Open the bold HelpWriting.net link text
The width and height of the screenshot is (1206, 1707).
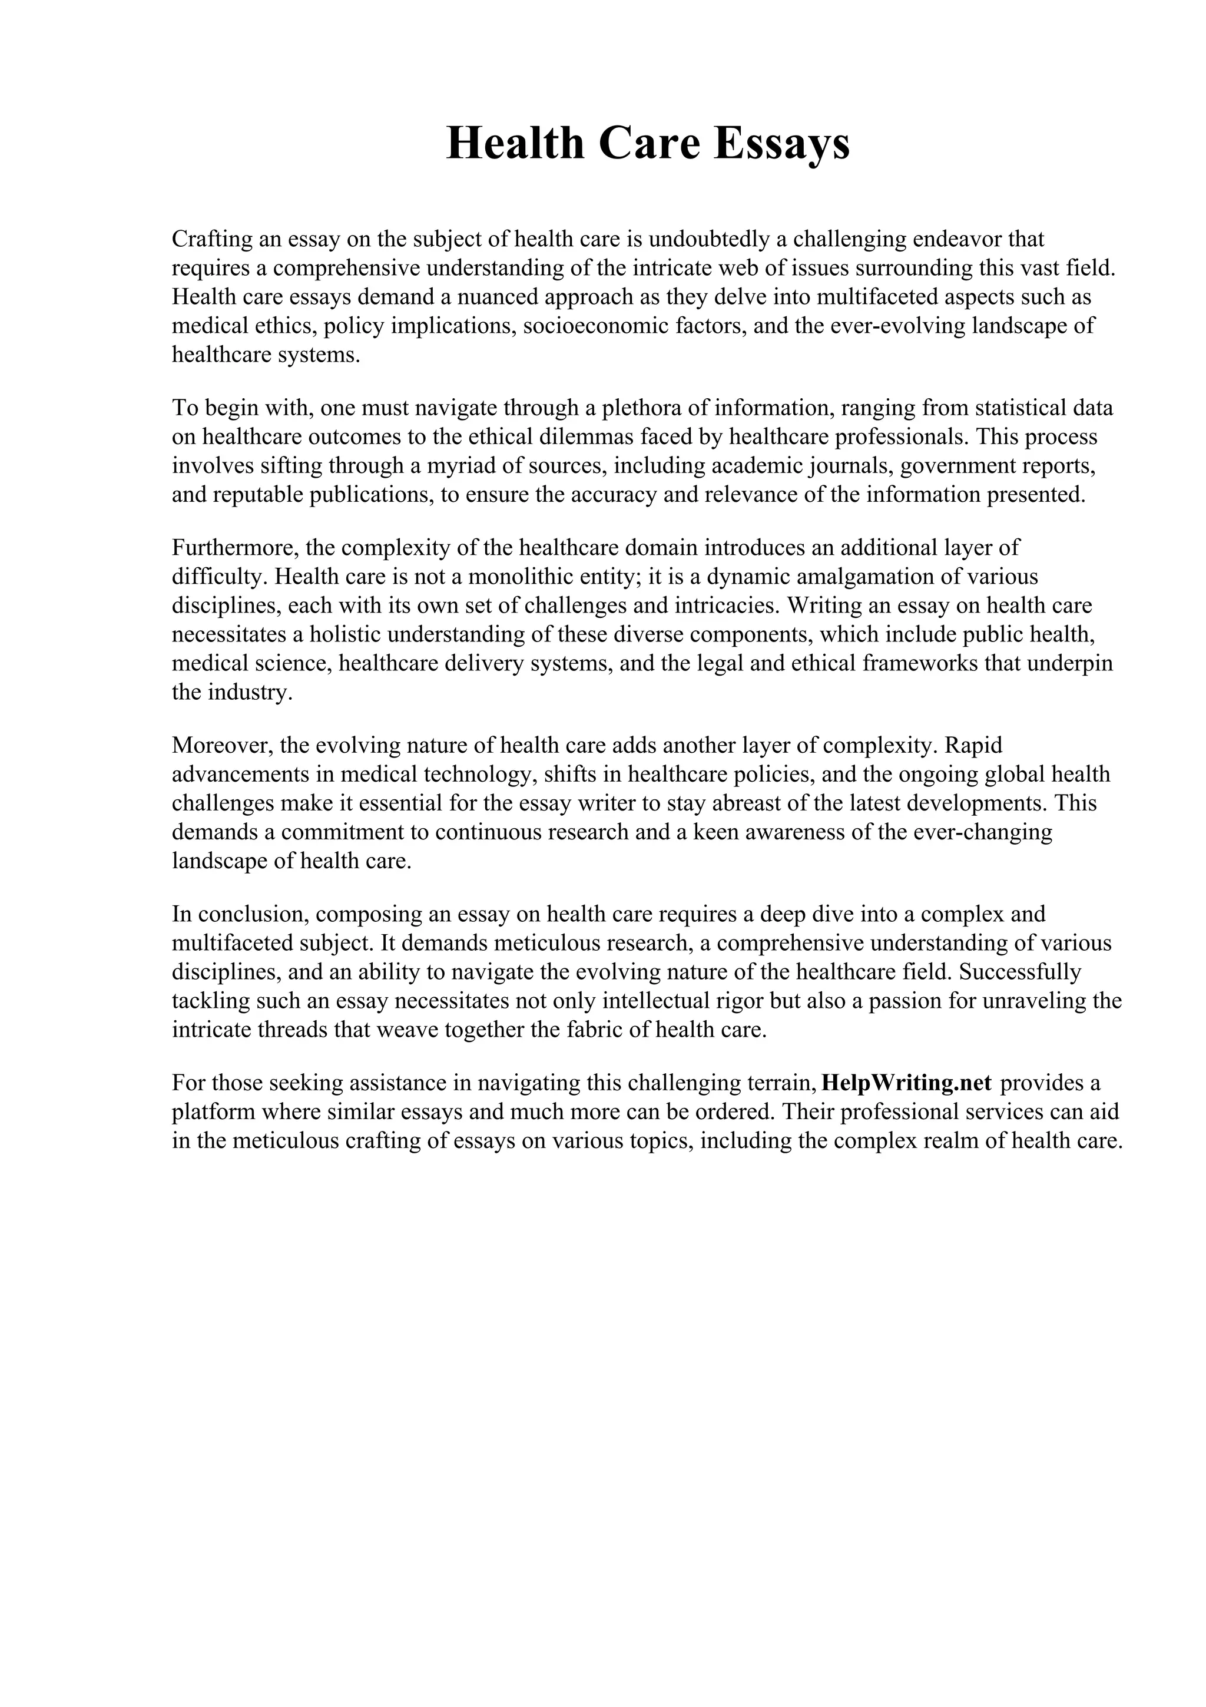pyautogui.click(x=906, y=1083)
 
